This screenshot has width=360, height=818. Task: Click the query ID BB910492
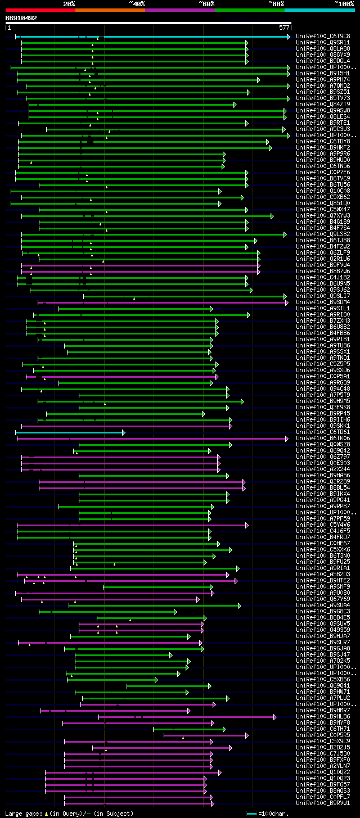click(x=21, y=18)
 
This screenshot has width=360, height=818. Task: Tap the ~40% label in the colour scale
click(x=137, y=3)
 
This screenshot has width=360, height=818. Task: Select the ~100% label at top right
click(x=344, y=3)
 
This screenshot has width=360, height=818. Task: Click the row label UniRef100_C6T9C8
click(x=323, y=36)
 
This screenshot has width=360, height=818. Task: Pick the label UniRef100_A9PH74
click(x=323, y=79)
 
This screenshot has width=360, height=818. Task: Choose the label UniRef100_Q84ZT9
click(x=323, y=104)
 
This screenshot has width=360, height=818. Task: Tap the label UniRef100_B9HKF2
click(x=323, y=147)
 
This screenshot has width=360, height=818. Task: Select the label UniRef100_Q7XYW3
click(x=323, y=215)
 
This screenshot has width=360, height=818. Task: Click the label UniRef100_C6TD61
click(x=323, y=432)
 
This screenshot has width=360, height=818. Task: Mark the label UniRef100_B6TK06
click(x=323, y=438)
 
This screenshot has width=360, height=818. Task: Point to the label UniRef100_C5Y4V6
click(x=323, y=525)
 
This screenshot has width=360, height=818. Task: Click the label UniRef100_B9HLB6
click(x=323, y=716)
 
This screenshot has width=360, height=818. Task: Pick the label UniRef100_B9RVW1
click(x=323, y=803)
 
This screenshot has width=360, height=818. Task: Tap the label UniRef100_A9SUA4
click(x=323, y=605)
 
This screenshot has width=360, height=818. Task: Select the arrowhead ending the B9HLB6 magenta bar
click(x=275, y=717)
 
